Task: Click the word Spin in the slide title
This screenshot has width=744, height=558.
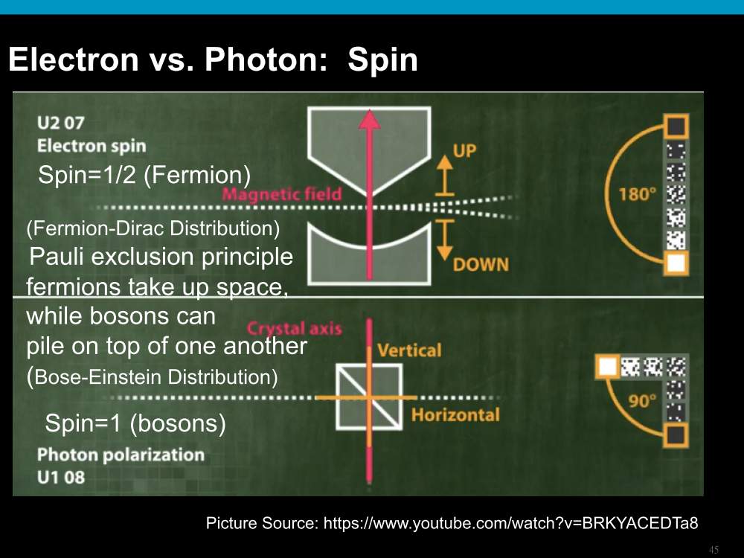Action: [382, 60]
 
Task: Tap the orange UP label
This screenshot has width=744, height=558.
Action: [464, 150]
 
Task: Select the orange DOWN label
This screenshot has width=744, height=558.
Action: [481, 264]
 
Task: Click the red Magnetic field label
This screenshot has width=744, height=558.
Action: [282, 193]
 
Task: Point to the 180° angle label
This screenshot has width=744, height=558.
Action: [638, 194]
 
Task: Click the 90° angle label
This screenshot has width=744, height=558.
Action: [643, 401]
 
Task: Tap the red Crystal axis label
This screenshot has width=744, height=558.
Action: [294, 328]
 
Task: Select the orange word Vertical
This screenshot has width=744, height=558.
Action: [409, 350]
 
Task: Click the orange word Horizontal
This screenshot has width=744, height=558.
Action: [455, 414]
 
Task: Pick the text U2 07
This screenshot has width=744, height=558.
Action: [61, 123]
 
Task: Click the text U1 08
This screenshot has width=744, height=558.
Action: [61, 477]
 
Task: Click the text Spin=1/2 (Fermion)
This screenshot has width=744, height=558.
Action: [144, 175]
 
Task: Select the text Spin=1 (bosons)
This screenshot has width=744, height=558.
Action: [135, 423]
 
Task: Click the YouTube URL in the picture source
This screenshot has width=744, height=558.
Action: [510, 523]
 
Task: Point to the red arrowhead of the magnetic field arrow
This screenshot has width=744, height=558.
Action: [370, 120]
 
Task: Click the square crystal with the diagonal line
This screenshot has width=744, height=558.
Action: [369, 397]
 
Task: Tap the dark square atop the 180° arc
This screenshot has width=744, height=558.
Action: [676, 126]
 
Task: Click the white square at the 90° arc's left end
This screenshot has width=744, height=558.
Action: [607, 366]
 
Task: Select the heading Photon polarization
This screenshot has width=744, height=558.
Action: [121, 455]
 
